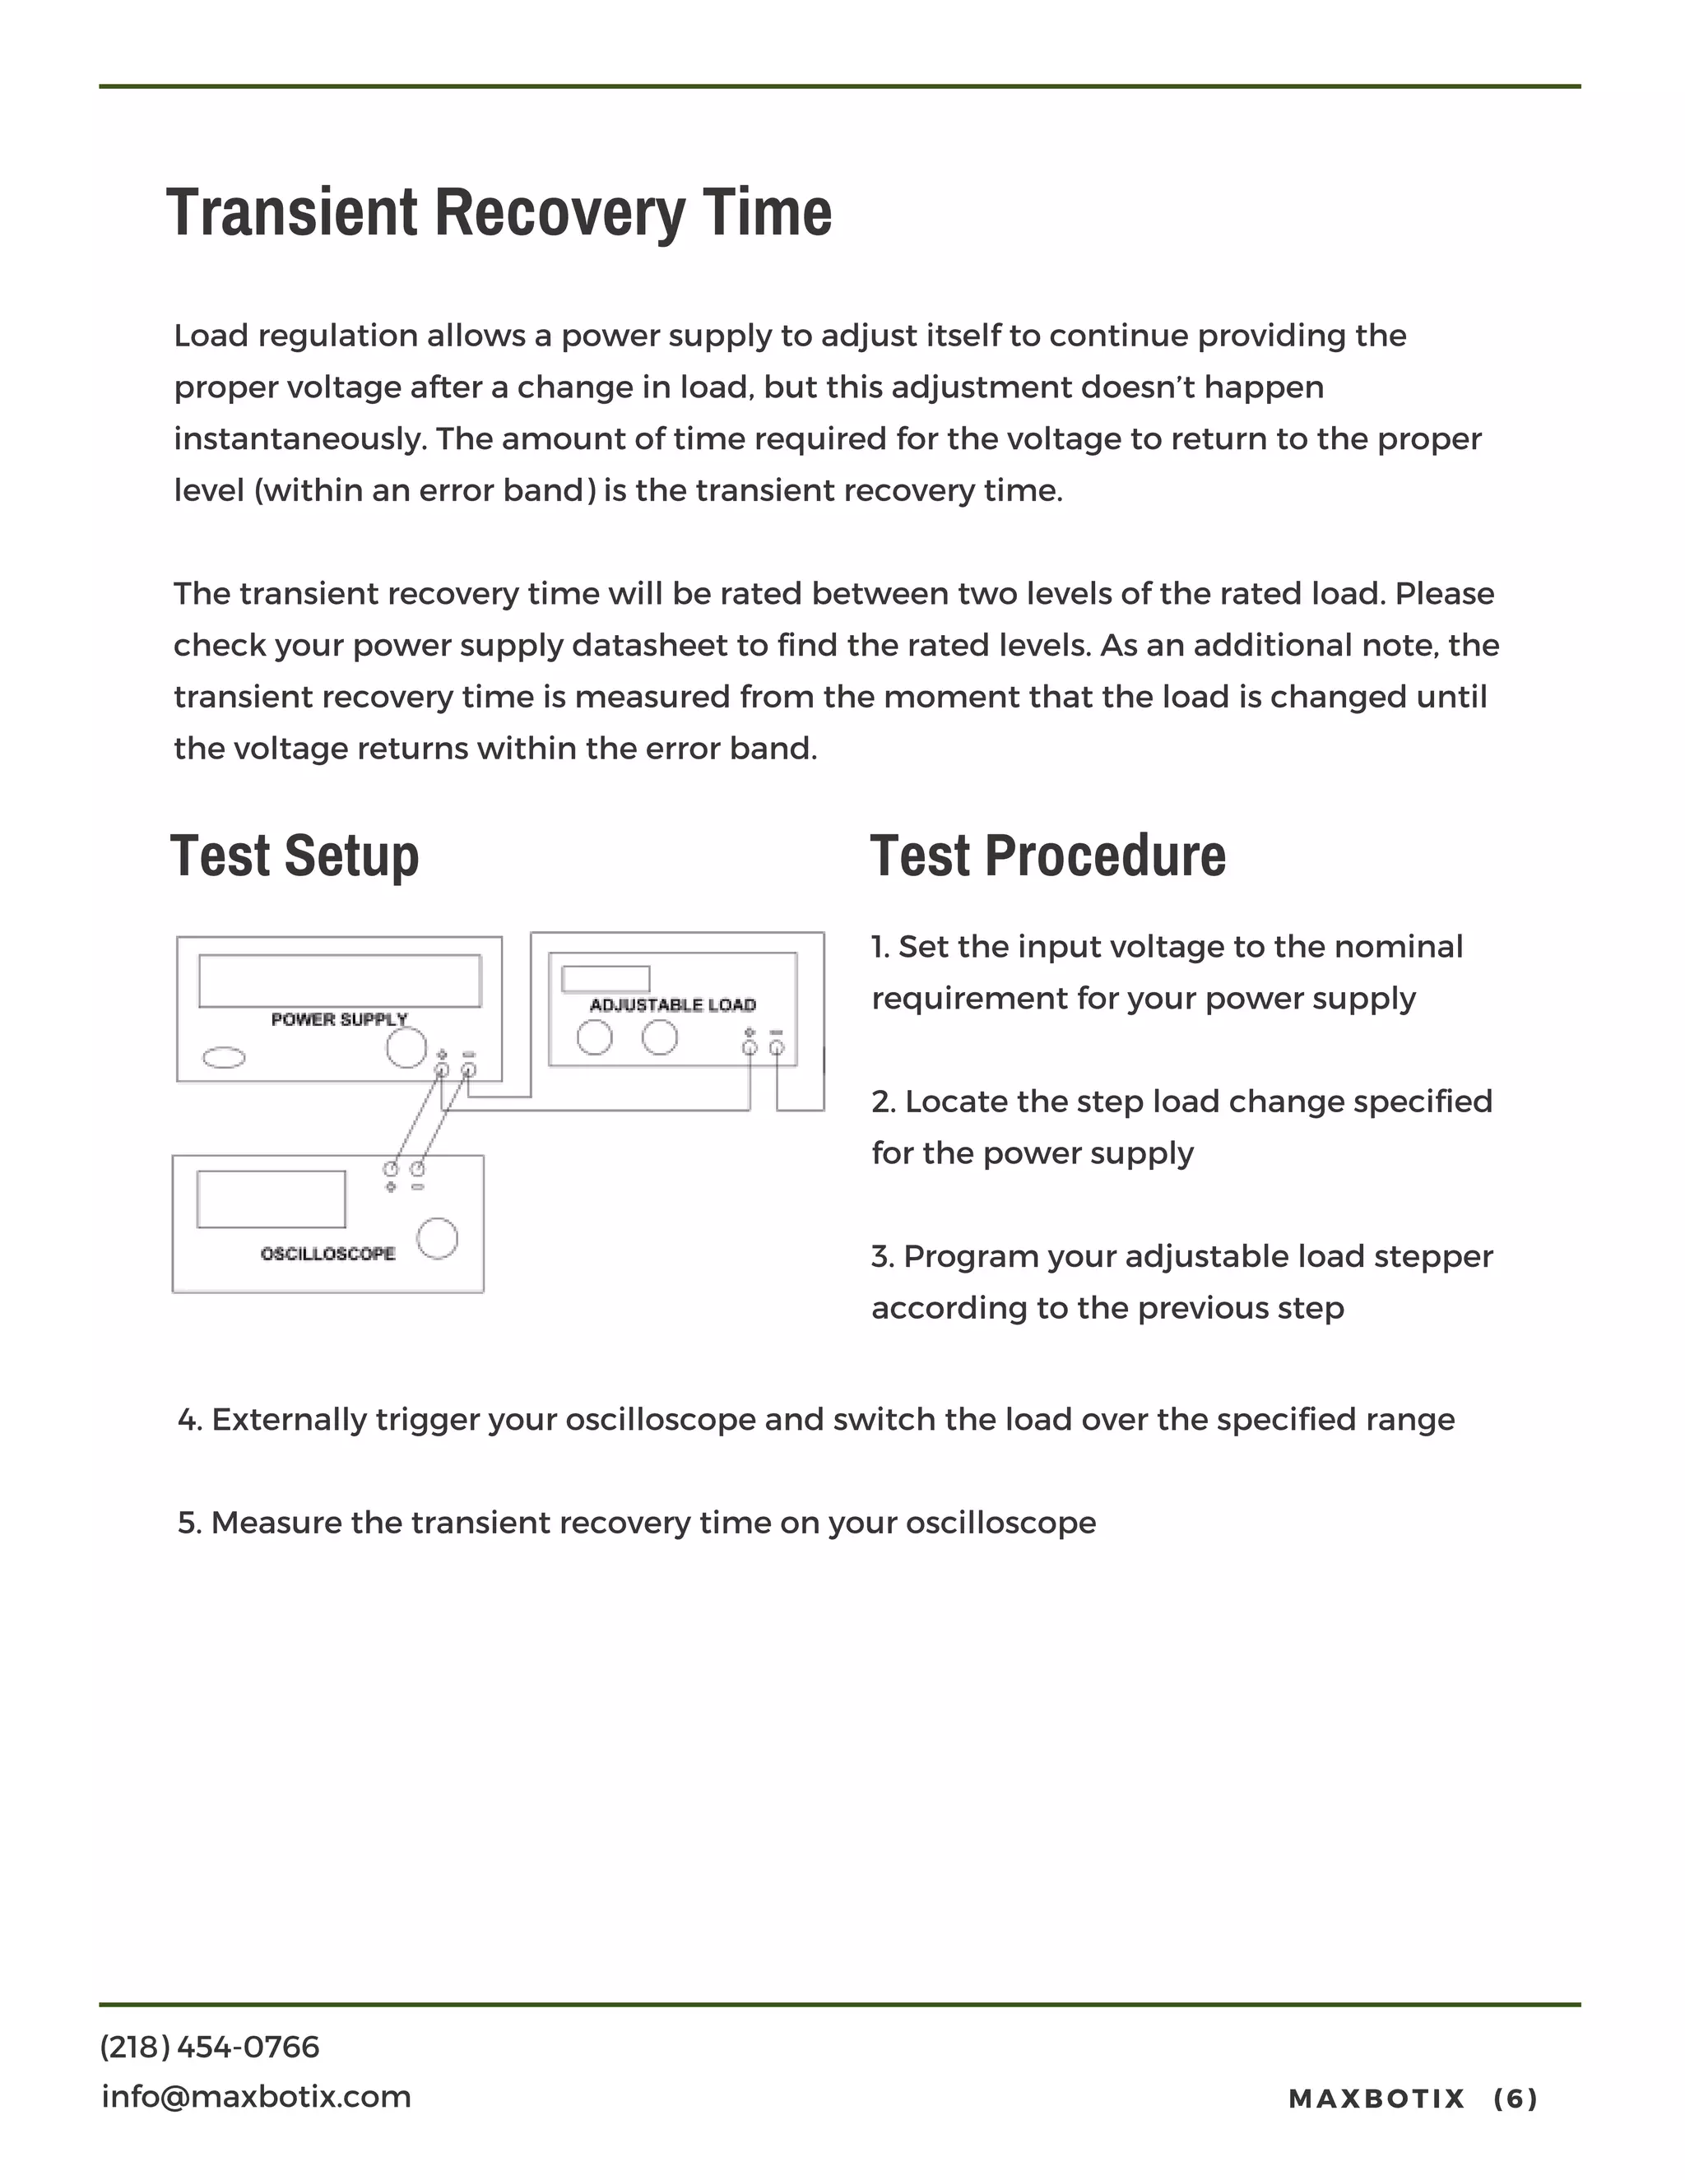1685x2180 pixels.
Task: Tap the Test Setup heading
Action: pyautogui.click(x=295, y=856)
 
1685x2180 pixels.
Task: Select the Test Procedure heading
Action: pyautogui.click(x=1047, y=856)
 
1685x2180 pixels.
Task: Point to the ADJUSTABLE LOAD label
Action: pyautogui.click(x=673, y=1005)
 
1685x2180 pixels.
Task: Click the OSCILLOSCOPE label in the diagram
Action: pyautogui.click(x=327, y=1254)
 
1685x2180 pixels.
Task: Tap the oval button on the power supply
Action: pyautogui.click(x=224, y=1057)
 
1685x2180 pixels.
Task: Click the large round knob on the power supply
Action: pyautogui.click(x=406, y=1048)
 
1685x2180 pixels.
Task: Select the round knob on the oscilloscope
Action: pyautogui.click(x=437, y=1239)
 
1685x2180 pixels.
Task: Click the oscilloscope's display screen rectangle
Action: pyautogui.click(x=271, y=1199)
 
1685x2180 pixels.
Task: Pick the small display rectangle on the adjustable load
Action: pyautogui.click(x=605, y=978)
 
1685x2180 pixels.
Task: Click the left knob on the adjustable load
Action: pyautogui.click(x=595, y=1038)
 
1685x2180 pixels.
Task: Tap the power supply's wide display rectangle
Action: pyautogui.click(x=340, y=981)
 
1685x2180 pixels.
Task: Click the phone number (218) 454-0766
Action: pyautogui.click(x=210, y=2048)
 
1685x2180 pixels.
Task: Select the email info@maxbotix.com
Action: pyautogui.click(x=257, y=2096)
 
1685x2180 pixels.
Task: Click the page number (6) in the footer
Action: pyautogui.click(x=1516, y=2099)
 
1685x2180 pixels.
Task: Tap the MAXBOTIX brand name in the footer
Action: pyautogui.click(x=1376, y=2099)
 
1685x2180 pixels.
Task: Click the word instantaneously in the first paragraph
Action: pyautogui.click(x=299, y=439)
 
